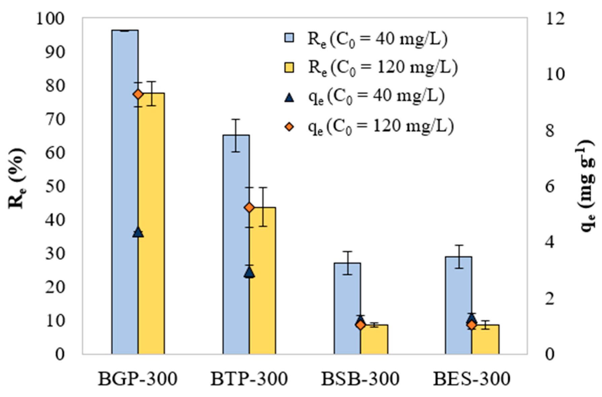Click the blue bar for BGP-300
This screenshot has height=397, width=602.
coord(125,192)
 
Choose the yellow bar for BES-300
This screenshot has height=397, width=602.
coord(485,339)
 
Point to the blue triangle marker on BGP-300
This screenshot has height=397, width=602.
coord(138,232)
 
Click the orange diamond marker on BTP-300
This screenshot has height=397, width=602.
coord(249,207)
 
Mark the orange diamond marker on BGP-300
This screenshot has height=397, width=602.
coord(138,94)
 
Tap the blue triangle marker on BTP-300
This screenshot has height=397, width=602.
coord(249,272)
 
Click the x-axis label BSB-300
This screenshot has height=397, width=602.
coord(360,379)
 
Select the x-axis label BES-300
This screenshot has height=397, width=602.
coord(472,379)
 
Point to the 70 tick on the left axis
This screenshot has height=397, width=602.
coord(54,119)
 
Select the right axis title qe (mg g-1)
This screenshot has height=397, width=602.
coord(587,185)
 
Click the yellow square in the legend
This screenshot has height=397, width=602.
coord(289,68)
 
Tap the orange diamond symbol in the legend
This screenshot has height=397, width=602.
coord(289,127)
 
